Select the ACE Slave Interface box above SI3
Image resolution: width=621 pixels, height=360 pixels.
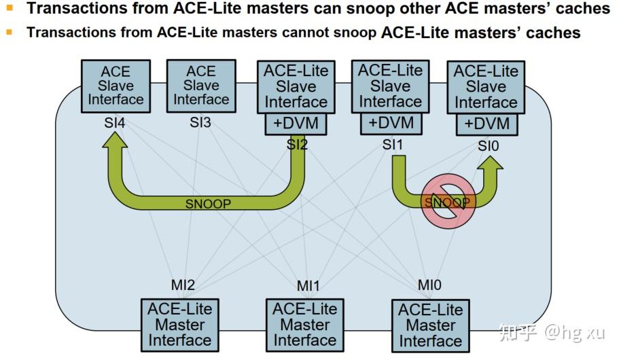201,86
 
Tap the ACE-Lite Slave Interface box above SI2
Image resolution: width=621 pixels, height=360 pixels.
296,86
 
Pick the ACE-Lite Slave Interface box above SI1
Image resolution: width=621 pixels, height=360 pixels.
390,86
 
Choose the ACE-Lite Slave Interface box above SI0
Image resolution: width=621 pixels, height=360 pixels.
485,87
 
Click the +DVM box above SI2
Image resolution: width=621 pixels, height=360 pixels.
296,124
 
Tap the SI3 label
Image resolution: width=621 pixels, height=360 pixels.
202,124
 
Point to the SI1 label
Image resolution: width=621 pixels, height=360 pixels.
392,145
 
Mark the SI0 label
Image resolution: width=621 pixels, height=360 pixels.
487,145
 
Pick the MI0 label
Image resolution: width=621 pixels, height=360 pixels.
429,285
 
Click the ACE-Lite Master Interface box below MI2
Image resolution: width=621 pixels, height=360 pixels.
180,324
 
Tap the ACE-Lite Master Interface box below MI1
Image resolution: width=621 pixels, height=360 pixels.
304,325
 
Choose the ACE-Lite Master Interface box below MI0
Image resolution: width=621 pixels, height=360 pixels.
430,325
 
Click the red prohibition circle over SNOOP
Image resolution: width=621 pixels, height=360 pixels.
447,203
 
